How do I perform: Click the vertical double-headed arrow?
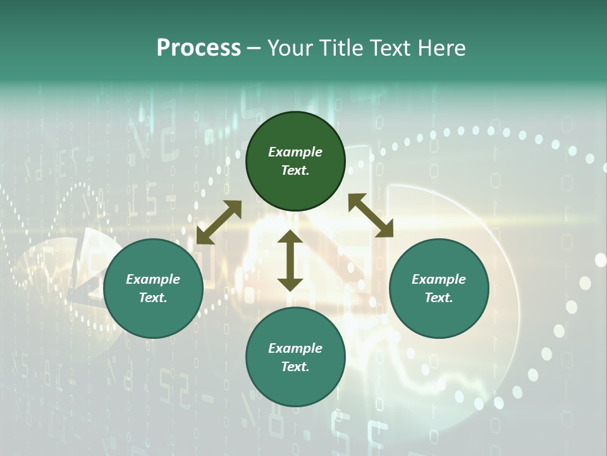point(290,260)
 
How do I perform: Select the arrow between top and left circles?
point(219,222)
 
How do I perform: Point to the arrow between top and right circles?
point(371,215)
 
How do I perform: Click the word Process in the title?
point(199,48)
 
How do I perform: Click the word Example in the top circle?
point(295,152)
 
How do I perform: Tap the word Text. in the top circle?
point(295,170)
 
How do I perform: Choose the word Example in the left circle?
point(153,279)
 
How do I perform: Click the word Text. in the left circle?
point(153,298)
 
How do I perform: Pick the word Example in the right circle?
point(439,279)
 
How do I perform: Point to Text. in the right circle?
point(439,298)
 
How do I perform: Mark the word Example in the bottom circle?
point(295,348)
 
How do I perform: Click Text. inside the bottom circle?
point(295,367)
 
